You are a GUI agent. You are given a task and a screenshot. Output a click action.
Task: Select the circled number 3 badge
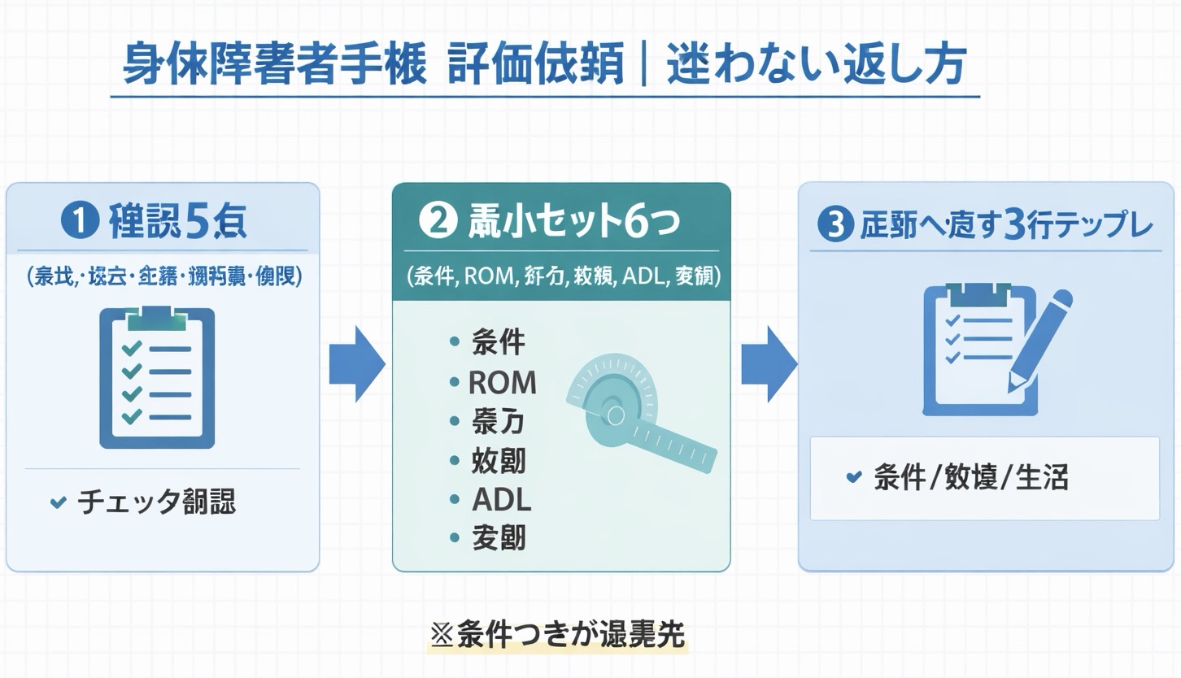[835, 225]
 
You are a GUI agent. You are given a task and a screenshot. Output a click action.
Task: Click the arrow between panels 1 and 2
[356, 365]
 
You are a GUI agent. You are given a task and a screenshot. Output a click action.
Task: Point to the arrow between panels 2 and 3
[767, 365]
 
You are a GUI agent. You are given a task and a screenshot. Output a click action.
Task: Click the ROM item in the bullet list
[503, 382]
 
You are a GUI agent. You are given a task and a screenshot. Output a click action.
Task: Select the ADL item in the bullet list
[501, 499]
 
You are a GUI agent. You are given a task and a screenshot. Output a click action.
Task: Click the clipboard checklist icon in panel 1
[157, 377]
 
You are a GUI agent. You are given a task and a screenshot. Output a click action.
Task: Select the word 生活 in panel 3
[1042, 477]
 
